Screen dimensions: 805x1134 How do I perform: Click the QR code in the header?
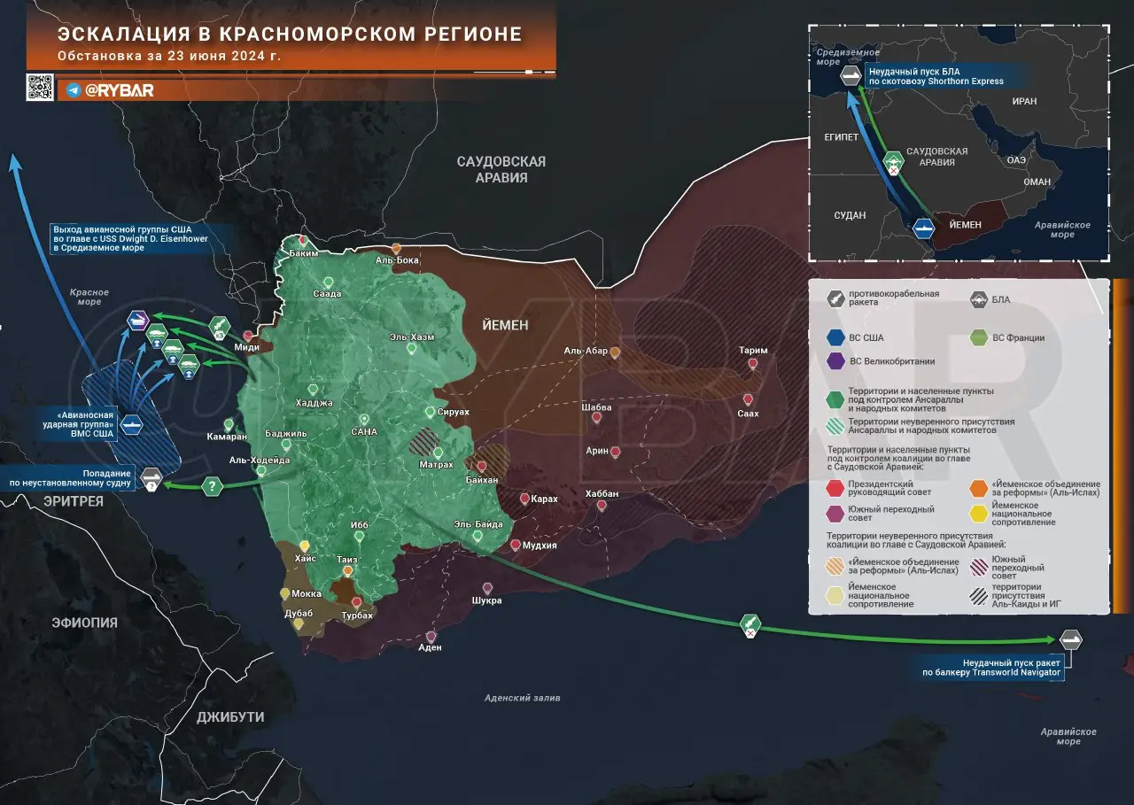click(40, 87)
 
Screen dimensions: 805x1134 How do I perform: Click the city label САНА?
click(364, 432)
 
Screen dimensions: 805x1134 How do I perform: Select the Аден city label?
click(430, 647)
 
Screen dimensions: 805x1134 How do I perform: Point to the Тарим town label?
click(753, 351)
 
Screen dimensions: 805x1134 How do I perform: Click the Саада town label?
click(327, 293)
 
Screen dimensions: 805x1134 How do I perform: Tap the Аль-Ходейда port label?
click(260, 460)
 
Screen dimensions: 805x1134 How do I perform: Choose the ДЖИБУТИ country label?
click(230, 716)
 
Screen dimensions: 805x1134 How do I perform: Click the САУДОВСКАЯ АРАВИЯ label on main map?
click(501, 169)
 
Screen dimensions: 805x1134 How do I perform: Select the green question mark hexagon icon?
click(212, 485)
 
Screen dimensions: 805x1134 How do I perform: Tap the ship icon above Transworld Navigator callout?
click(1070, 639)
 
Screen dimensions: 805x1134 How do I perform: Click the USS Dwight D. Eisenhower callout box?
click(143, 238)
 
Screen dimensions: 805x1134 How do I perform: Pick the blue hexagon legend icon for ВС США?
click(835, 337)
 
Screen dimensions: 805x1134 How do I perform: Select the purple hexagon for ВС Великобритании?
click(835, 360)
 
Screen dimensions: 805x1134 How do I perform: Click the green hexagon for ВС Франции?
click(978, 337)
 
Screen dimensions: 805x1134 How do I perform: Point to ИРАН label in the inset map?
click(1023, 101)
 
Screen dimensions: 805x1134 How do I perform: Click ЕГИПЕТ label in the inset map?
click(842, 138)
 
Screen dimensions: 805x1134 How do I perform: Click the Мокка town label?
click(307, 593)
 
